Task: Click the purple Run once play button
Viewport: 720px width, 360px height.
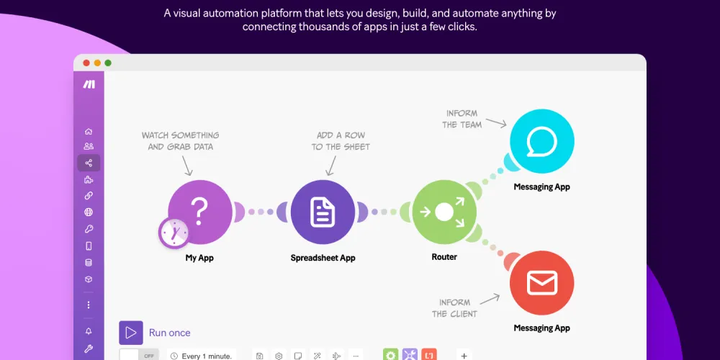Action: point(131,333)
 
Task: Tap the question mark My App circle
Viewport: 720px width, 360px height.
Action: point(199,211)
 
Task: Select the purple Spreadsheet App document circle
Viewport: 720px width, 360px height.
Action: point(323,212)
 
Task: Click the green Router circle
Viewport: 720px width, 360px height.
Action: point(444,212)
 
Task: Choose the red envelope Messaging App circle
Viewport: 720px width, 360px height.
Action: point(541,283)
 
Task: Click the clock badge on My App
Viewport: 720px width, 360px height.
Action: point(174,233)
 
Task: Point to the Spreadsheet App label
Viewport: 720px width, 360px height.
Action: point(323,258)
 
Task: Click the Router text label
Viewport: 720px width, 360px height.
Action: point(444,257)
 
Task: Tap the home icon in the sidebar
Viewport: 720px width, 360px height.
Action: point(89,132)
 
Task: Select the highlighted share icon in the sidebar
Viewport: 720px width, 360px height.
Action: point(89,163)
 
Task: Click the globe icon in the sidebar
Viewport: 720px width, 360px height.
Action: point(89,212)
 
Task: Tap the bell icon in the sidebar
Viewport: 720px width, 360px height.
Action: point(89,331)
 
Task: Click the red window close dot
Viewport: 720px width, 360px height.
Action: point(86,63)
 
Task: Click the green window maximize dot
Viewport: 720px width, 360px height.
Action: point(108,63)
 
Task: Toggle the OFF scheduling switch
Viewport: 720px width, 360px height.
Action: point(139,356)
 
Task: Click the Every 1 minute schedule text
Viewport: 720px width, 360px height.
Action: point(207,356)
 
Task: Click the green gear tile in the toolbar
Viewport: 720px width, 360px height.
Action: point(390,355)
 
